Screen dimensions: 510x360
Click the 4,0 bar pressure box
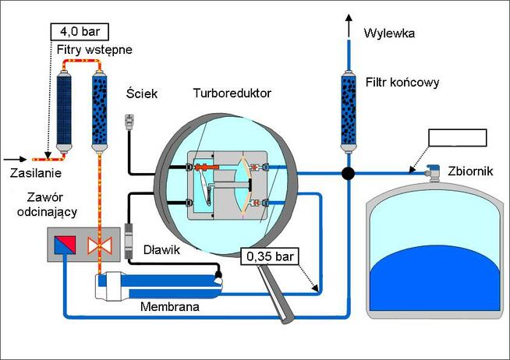(x=80, y=32)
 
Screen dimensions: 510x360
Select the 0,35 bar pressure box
(x=270, y=256)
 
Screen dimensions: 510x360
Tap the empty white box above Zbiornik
(x=457, y=138)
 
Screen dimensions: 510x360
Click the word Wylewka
(x=389, y=34)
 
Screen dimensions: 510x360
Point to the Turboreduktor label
(x=232, y=94)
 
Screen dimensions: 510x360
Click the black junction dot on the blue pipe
(x=348, y=173)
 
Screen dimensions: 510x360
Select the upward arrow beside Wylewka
(x=349, y=26)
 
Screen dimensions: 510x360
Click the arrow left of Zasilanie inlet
(x=15, y=159)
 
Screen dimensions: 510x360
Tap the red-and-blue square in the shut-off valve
(x=65, y=245)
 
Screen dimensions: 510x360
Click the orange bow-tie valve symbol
(x=100, y=245)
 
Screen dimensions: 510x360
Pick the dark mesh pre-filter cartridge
(x=64, y=111)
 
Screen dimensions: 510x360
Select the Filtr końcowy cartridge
(x=349, y=111)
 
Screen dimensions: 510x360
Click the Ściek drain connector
(x=130, y=122)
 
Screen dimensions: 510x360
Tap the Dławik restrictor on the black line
(x=129, y=241)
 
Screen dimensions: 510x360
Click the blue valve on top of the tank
(x=433, y=173)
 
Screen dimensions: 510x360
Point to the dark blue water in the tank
(x=435, y=280)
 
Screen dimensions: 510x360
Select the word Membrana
(x=170, y=306)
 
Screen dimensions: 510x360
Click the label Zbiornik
(x=470, y=171)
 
